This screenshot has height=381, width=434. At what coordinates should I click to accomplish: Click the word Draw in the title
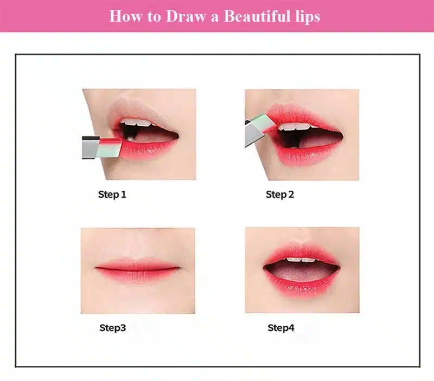coord(186,16)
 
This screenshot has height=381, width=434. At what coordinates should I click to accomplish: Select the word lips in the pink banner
coord(305,17)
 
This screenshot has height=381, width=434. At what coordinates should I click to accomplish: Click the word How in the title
coord(125,16)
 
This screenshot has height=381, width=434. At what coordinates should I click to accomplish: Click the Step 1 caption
coord(112,195)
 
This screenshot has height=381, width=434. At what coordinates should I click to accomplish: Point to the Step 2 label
coord(280,195)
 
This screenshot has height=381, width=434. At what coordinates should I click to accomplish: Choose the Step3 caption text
coord(113,328)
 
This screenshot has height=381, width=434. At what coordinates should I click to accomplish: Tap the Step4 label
coord(280,328)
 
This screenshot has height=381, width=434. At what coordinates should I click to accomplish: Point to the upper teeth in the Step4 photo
coord(301,260)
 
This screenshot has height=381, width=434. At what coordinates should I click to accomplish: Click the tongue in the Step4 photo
coord(302,274)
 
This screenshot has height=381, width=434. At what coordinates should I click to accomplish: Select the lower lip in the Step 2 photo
coord(307,156)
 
